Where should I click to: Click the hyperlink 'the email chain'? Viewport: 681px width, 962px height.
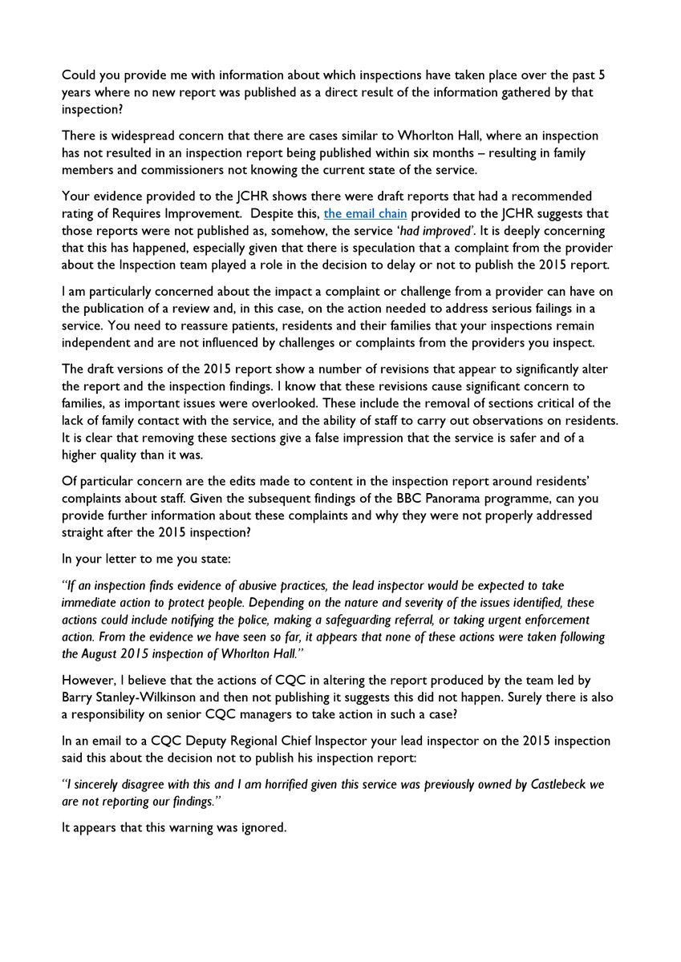point(365,213)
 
